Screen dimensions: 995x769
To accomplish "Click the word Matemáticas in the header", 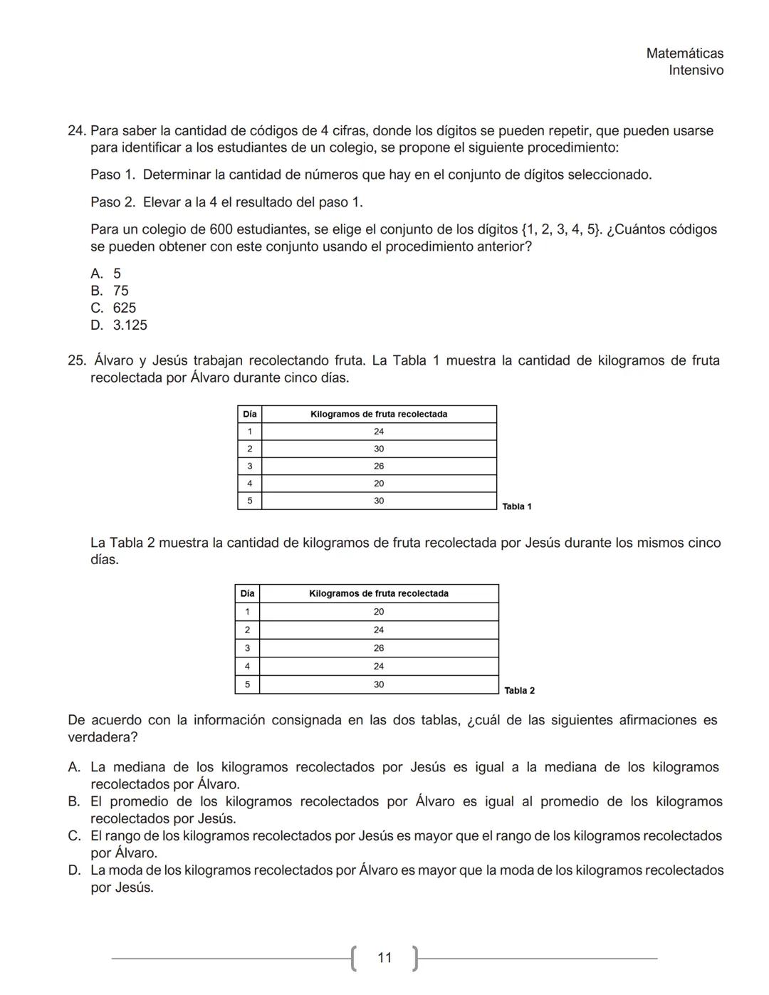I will coord(684,53).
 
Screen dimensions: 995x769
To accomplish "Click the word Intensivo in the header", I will coord(696,71).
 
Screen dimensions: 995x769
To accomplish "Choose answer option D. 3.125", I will coord(120,325).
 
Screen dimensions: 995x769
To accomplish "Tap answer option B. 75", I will coord(110,291).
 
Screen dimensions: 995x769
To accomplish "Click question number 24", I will coord(77,131).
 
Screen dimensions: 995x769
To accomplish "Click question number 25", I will coord(77,360).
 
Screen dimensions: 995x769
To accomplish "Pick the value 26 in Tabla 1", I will coord(379,467).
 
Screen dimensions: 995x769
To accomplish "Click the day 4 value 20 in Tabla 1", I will coord(379,484).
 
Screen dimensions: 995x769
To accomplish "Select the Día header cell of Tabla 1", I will coord(249,415).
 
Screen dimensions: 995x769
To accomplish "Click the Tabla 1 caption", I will coord(517,506).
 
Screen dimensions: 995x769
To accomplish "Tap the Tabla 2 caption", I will coord(519,690).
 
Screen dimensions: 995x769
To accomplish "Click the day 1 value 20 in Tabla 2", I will coord(379,612).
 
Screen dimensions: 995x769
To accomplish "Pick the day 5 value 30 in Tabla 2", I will coord(379,684).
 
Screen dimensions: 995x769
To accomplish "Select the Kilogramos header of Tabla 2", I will coord(379,593).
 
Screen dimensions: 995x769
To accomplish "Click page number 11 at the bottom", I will coord(384,958).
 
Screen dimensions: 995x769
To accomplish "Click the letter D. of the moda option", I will coord(74,870).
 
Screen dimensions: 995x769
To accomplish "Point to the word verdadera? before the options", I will coord(103,737).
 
